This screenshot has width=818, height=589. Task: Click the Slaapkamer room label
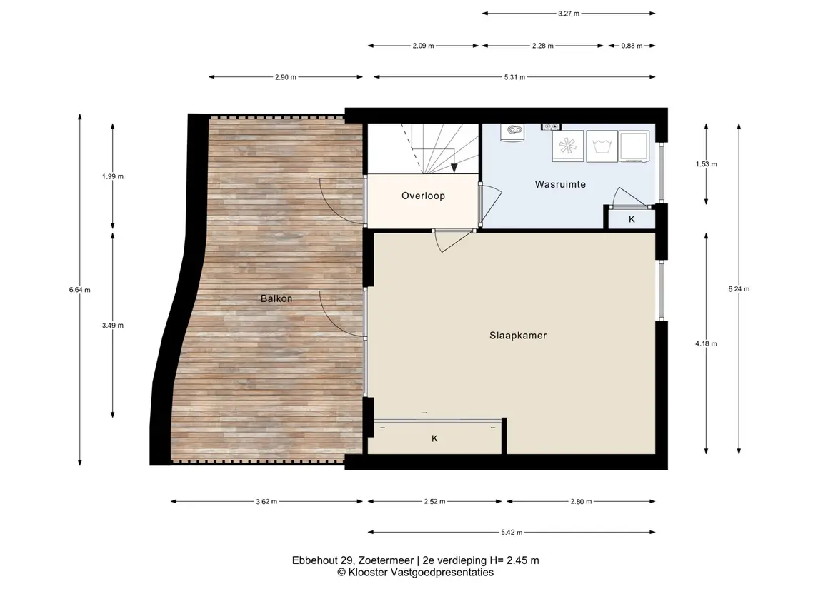point(517,336)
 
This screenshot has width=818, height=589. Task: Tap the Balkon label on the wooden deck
point(276,298)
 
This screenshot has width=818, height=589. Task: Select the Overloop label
point(423,196)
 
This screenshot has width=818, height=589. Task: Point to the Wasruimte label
point(560,184)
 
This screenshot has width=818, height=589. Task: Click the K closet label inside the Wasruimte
point(632,219)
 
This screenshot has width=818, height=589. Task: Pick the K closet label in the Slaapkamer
point(434,439)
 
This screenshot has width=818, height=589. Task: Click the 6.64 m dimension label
point(79,290)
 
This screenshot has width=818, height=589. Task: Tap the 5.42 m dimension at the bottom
point(512,532)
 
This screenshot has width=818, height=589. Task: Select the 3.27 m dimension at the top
point(569,14)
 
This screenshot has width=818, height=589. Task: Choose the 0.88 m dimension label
point(632,46)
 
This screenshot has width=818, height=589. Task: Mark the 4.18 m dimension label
point(706,343)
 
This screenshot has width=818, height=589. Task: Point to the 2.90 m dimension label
point(285,77)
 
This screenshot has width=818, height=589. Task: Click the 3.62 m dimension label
point(266,501)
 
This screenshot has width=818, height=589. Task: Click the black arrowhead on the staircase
point(454,167)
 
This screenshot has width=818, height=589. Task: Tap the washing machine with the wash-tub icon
point(602,146)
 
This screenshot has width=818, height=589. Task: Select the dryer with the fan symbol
point(568,146)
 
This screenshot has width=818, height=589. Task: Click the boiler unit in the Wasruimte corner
point(512,132)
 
